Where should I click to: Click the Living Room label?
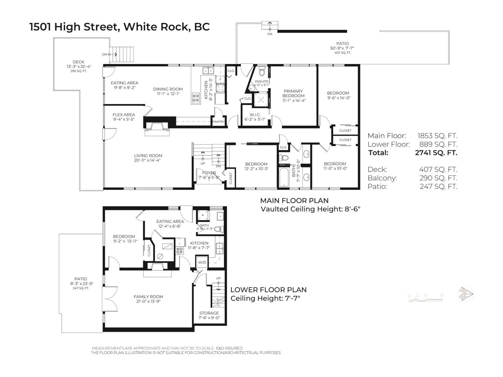(x=148, y=156)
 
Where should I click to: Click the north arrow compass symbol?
(x=465, y=294)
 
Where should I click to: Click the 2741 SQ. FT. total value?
(x=436, y=153)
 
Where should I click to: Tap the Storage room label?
(x=209, y=313)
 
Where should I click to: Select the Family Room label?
(x=148, y=297)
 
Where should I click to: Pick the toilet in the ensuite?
(x=262, y=72)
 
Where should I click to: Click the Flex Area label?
(x=124, y=115)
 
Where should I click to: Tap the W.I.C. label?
(x=255, y=115)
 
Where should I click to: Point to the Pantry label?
(x=218, y=122)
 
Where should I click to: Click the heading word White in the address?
(x=140, y=27)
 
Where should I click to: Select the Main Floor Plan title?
(x=294, y=200)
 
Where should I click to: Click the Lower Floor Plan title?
(x=268, y=290)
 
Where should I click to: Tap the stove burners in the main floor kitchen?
(x=196, y=98)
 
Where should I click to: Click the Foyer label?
(x=209, y=173)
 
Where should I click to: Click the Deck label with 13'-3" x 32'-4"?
(x=78, y=62)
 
